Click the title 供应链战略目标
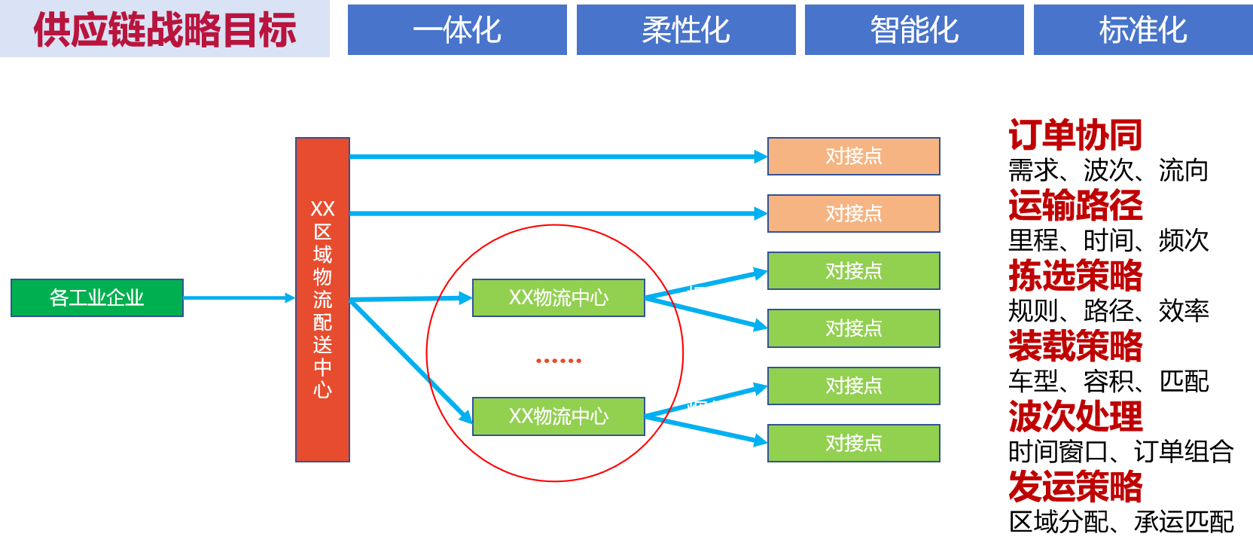(x=165, y=29)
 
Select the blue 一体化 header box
(x=457, y=30)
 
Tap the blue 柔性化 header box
(x=686, y=30)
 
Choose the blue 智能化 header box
(x=914, y=30)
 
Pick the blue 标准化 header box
(x=1142, y=30)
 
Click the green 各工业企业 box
(x=97, y=298)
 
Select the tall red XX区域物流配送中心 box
(x=322, y=299)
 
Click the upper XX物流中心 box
(x=559, y=298)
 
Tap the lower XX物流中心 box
(x=559, y=416)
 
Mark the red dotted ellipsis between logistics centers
(x=559, y=361)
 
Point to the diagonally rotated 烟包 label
(x=429, y=352)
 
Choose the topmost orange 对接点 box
(x=854, y=157)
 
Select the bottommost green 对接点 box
(x=854, y=444)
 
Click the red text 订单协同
(x=1075, y=136)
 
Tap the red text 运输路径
(x=1075, y=206)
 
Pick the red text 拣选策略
(x=1075, y=276)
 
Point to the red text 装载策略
(x=1075, y=346)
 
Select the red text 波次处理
(x=1075, y=416)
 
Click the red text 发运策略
(x=1075, y=487)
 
